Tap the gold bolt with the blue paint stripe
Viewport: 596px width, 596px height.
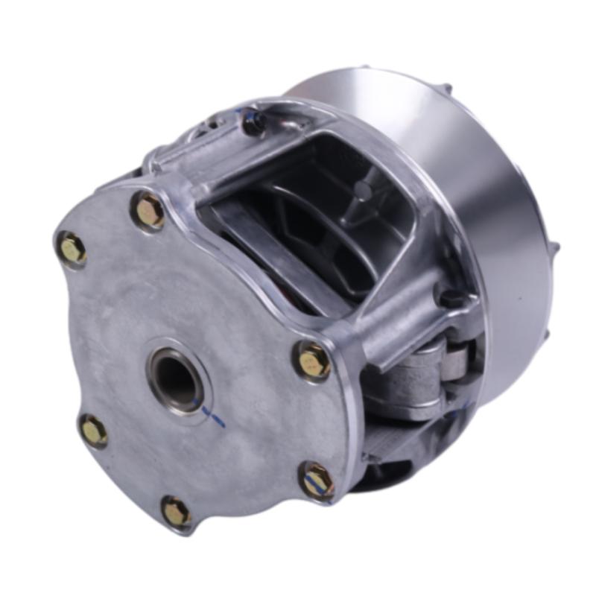point(317,479)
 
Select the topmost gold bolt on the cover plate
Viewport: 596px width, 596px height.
point(148,212)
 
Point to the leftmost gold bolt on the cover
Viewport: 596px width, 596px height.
point(72,250)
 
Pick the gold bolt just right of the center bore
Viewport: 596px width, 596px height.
point(312,361)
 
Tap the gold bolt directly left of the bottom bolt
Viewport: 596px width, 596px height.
point(94,431)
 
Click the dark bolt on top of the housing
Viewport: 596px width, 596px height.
point(253,122)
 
